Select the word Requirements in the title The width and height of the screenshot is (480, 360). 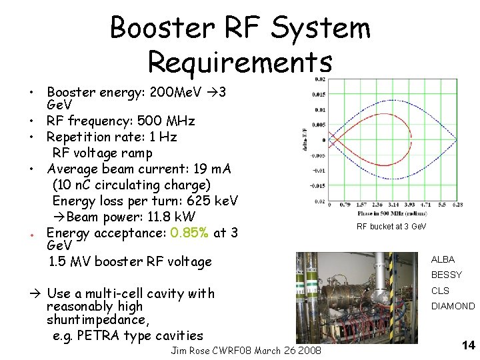coord(239,62)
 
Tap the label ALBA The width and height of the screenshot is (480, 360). coord(443,259)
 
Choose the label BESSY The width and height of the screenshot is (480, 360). coord(446,275)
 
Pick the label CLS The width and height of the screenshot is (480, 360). coord(440,291)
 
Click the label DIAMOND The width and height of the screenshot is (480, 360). coord(453,307)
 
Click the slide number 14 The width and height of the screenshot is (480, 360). coord(468,345)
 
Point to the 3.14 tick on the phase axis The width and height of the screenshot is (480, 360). coord(390,205)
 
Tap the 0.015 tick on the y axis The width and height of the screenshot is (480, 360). coord(319,94)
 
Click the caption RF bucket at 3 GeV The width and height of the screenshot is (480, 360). coord(391,227)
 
